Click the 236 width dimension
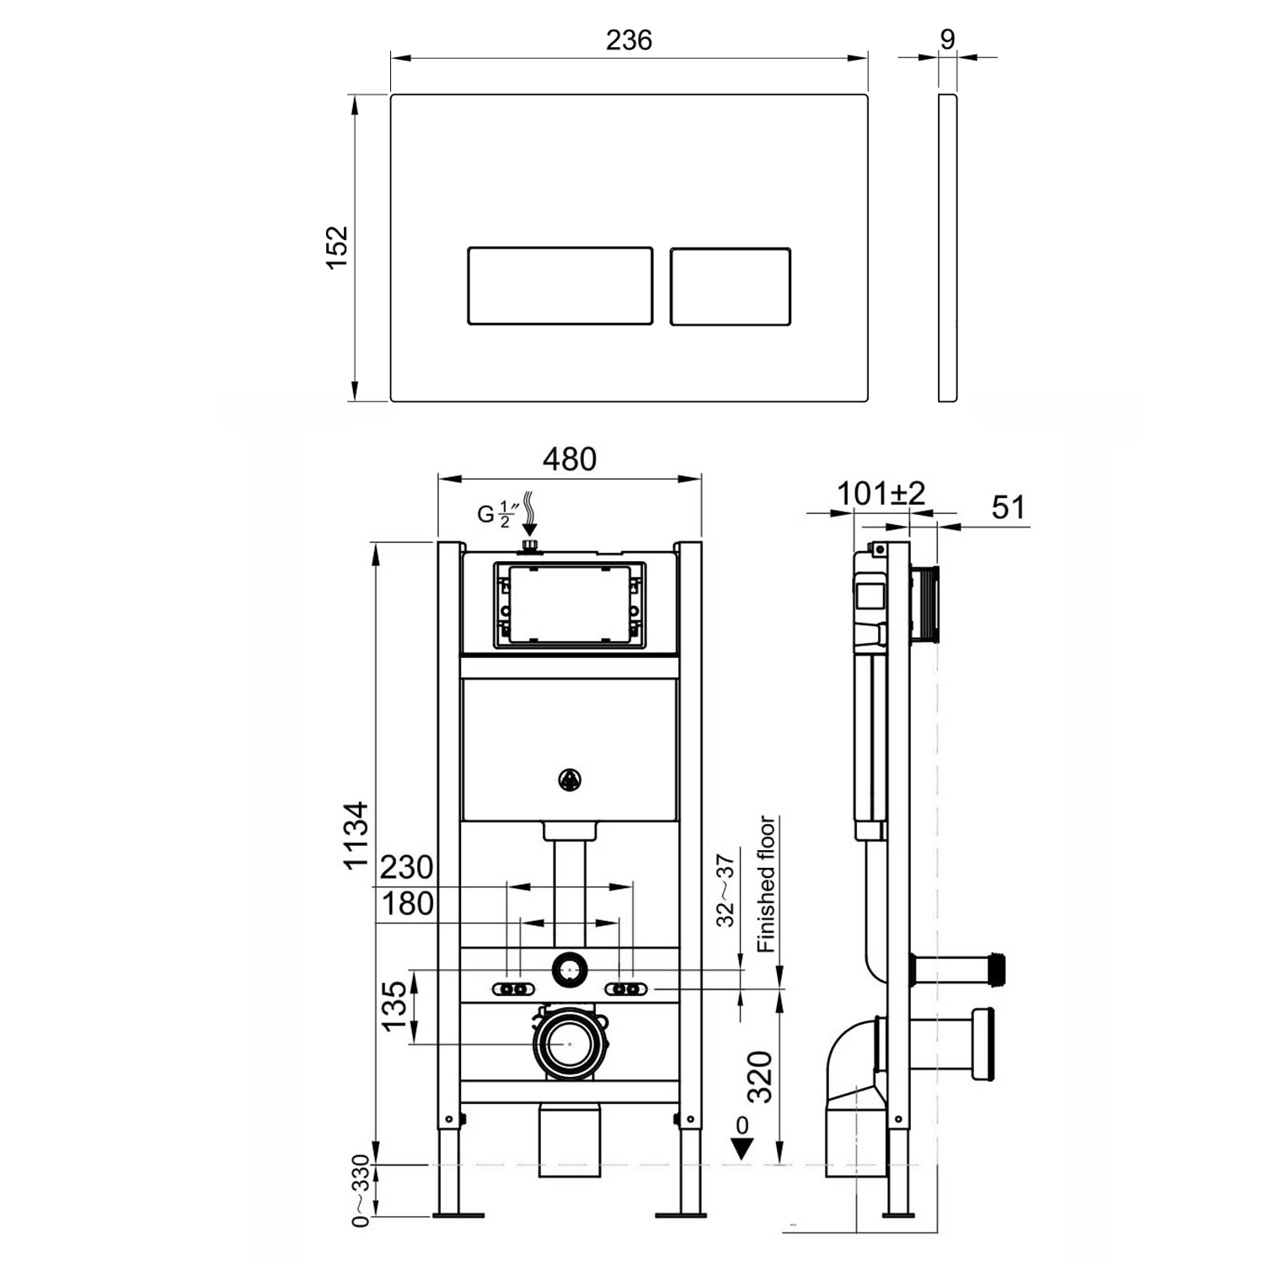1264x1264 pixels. coord(629,40)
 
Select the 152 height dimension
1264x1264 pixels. coord(337,247)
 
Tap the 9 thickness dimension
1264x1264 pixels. coord(948,40)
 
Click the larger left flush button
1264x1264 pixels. coord(560,286)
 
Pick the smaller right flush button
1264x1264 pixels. coord(730,286)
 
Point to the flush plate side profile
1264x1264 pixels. coord(947,247)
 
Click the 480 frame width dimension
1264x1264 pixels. coord(569,459)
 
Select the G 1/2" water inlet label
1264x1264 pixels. coord(497,513)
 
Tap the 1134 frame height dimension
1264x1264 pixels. coord(356,835)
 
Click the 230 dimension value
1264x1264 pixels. coord(406,867)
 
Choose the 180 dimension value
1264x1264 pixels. coord(408,904)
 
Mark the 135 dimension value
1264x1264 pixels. coord(394,1005)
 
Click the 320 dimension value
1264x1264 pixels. coord(761,1076)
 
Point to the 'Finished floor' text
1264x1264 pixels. coord(766,884)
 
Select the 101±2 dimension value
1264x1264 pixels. coord(881,493)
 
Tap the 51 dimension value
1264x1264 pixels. coord(1008,507)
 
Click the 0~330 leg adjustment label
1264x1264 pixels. coord(361,1191)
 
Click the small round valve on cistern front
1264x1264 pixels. coord(570,780)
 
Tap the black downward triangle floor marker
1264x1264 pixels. coord(742,1149)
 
